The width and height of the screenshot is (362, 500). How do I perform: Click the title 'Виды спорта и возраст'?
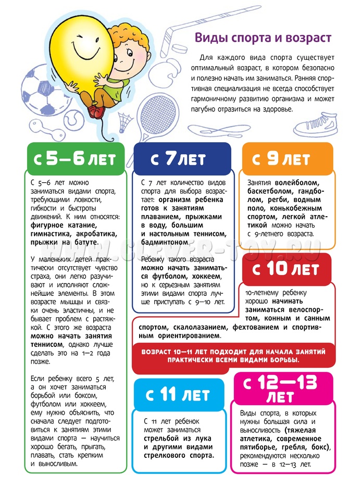(x=263, y=39)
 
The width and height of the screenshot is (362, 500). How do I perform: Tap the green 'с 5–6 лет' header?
(x=76, y=159)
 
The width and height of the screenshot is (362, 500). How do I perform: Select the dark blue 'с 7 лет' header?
(x=182, y=159)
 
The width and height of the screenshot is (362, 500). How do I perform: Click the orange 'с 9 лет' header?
(x=287, y=159)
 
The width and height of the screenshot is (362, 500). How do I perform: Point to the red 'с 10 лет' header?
(x=287, y=270)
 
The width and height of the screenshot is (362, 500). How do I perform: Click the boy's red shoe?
(x=95, y=110)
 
